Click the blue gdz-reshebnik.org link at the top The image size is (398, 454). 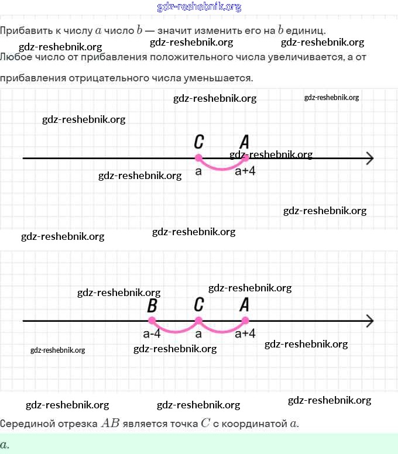pyautogui.click(x=199, y=7)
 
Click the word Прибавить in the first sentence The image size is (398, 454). pyautogui.click(x=23, y=30)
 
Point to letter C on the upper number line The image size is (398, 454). pyautogui.click(x=199, y=142)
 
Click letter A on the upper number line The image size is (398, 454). pyautogui.click(x=245, y=142)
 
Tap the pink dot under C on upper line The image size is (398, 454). pyautogui.click(x=198, y=157)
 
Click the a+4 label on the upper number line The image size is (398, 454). pyautogui.click(x=245, y=171)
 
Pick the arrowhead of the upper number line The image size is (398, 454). pyautogui.click(x=369, y=158)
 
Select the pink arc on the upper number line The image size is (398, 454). pyautogui.click(x=221, y=168)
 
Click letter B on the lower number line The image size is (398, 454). pyautogui.click(x=152, y=305)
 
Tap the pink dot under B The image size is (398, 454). pyautogui.click(x=152, y=321)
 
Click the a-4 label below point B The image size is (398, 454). pyautogui.click(x=152, y=334)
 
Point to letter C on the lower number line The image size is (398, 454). pyautogui.click(x=199, y=305)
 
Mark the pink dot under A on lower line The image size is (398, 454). pyautogui.click(x=245, y=321)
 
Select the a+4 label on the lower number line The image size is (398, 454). pyautogui.click(x=245, y=334)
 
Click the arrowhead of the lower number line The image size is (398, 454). pyautogui.click(x=369, y=321)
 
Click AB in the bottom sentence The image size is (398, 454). pyautogui.click(x=110, y=423)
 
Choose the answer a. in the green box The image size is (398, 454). pyautogui.click(x=5, y=444)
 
